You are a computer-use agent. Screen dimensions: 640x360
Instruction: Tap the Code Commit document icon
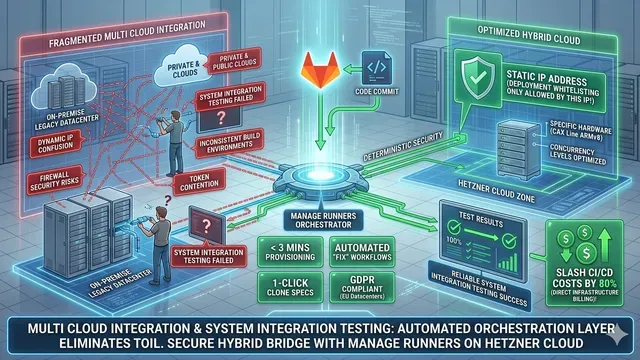pyautogui.click(x=375, y=65)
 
